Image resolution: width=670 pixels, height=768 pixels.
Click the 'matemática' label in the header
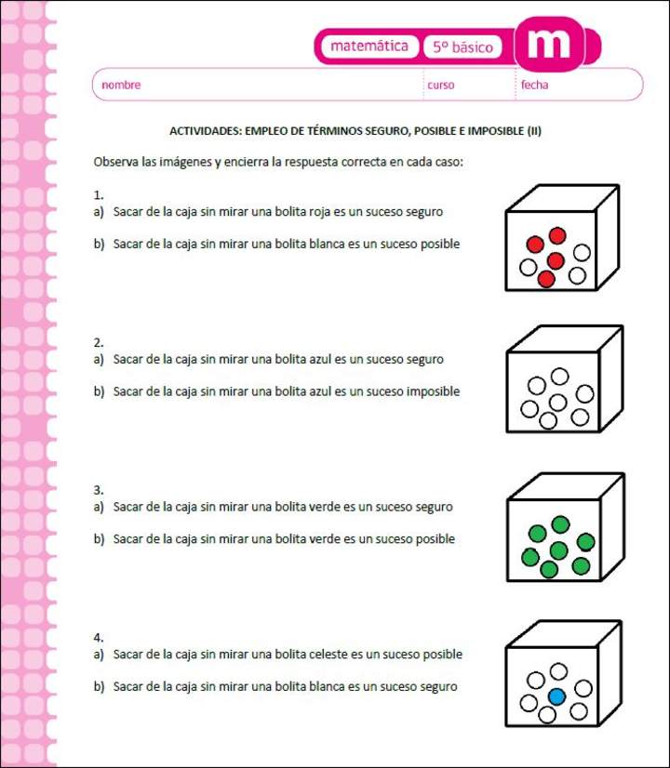pyautogui.click(x=369, y=46)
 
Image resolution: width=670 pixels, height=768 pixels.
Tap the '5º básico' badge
pyautogui.click(x=462, y=47)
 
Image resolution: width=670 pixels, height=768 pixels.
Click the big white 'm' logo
pyautogui.click(x=549, y=43)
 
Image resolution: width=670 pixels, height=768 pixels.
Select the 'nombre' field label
pyautogui.click(x=121, y=85)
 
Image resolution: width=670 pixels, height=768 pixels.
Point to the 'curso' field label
pyautogui.click(x=441, y=85)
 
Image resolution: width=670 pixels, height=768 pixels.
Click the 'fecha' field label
pyautogui.click(x=535, y=85)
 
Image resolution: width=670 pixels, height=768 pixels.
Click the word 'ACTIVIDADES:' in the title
pyautogui.click(x=206, y=131)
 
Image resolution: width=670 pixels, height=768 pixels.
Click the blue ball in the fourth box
pyautogui.click(x=556, y=696)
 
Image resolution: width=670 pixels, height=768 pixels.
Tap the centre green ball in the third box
pyautogui.click(x=558, y=550)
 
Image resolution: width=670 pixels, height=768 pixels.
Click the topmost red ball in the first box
pyautogui.click(x=557, y=235)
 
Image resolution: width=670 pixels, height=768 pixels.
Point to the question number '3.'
pyautogui.click(x=99, y=490)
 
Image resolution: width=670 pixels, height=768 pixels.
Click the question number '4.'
pyautogui.click(x=99, y=637)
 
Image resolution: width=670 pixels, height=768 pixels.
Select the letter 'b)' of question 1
pyautogui.click(x=99, y=244)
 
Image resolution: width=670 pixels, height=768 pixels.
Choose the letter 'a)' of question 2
pyautogui.click(x=99, y=359)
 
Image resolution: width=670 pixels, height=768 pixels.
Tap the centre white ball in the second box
pyautogui.click(x=557, y=403)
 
